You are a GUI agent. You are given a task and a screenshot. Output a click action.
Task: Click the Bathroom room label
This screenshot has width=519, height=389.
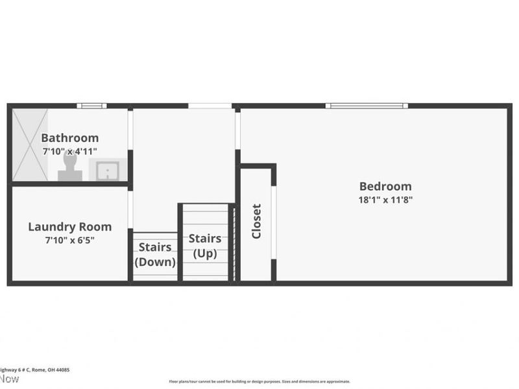pos(70,137)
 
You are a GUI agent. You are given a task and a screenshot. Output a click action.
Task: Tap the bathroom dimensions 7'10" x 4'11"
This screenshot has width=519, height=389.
pos(70,151)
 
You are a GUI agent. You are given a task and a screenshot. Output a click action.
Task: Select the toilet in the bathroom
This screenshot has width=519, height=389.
pos(69,171)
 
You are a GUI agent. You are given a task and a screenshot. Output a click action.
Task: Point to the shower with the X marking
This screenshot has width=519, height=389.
pos(30,144)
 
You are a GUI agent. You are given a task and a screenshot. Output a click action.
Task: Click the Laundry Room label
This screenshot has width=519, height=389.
pos(69,227)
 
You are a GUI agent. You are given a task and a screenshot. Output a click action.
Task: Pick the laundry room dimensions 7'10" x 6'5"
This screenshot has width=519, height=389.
pos(69,241)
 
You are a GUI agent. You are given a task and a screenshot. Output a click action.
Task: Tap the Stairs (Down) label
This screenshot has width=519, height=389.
pos(155,254)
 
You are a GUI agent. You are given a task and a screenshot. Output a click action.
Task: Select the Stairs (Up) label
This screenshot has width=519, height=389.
pos(205,246)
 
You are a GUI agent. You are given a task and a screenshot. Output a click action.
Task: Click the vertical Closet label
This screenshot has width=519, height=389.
pos(256,221)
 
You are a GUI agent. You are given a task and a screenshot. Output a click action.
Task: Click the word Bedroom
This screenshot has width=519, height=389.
pos(385,186)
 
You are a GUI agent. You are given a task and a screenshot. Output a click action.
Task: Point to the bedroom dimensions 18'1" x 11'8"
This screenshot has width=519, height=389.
pos(385,200)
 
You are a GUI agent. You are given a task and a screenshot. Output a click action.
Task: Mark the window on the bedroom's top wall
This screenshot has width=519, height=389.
pos(367,106)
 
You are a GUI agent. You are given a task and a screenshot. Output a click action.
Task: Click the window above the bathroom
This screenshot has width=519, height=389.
pos(90,106)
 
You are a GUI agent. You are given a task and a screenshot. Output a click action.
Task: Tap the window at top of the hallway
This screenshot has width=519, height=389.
pos(210,106)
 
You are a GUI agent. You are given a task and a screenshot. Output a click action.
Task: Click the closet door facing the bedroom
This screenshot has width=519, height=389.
pos(274,222)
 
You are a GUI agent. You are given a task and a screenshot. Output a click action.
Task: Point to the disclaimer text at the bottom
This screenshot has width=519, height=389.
pos(259,382)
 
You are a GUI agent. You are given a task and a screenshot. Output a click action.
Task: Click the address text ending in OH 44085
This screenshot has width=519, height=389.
pos(35,370)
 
